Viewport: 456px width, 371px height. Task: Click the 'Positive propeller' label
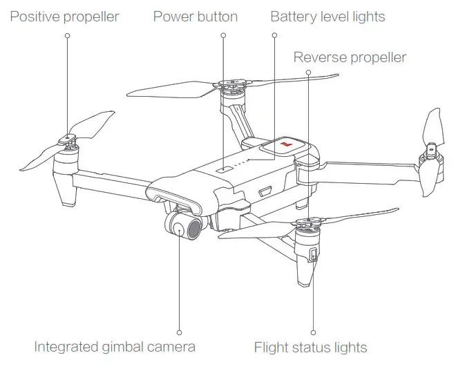[x=64, y=16]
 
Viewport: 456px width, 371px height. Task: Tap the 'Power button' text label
[x=196, y=16]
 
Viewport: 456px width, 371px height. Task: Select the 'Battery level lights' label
[x=327, y=16]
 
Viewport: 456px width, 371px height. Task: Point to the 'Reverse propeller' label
[x=350, y=57]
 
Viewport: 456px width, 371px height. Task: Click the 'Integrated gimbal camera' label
[x=115, y=347]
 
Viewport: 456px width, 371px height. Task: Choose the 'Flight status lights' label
[x=310, y=347]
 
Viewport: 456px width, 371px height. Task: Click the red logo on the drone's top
[x=285, y=146]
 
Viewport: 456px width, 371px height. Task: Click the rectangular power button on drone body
[x=222, y=167]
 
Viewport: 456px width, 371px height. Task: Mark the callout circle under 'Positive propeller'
[x=67, y=35]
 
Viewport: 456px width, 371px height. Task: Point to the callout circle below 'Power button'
[x=223, y=35]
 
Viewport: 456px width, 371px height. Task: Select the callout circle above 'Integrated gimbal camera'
[x=179, y=332]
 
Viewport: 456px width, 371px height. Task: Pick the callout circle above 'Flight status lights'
[x=314, y=332]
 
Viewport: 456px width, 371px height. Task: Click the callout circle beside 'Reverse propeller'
[x=308, y=71]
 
